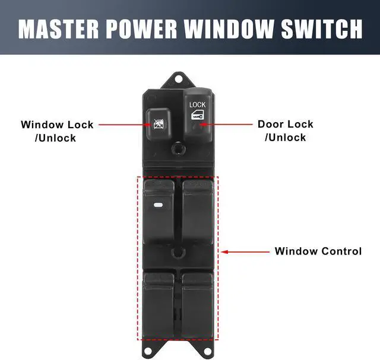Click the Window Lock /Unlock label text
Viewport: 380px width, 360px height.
pos(57,131)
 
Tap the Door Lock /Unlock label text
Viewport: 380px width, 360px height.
pos(285,131)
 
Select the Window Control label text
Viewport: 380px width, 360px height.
pos(318,251)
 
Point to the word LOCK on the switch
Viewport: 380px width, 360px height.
pos(197,104)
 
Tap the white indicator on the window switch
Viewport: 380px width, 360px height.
pos(157,206)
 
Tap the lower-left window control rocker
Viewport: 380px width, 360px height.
pos(159,302)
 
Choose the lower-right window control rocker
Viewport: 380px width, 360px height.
pos(198,302)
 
